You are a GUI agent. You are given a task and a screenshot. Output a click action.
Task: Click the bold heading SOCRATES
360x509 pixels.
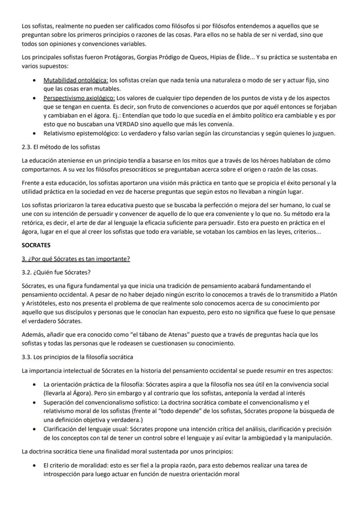coord(36,245)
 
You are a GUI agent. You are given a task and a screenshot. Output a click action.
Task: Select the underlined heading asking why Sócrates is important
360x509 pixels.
coord(76,259)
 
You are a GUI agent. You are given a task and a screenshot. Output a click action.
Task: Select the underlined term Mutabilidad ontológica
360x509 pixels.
coord(76,80)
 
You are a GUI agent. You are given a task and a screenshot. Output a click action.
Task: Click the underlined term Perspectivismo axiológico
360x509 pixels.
coord(79,98)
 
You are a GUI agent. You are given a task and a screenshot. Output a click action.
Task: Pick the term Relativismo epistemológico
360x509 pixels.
coord(78,133)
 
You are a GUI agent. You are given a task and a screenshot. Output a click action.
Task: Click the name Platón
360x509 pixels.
coord(328,295)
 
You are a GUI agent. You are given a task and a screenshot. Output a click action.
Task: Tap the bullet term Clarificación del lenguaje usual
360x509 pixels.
coord(87,429)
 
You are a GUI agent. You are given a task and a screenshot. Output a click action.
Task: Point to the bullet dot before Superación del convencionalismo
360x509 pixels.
coord(34,402)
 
